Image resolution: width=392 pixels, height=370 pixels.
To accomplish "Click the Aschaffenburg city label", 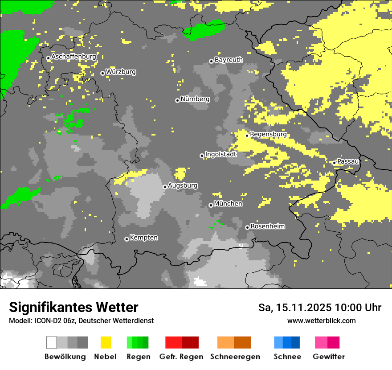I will coord(73,57).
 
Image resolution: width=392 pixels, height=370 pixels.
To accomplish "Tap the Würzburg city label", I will coord(121,72).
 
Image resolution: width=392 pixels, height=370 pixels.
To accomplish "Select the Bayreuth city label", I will coord(229,60).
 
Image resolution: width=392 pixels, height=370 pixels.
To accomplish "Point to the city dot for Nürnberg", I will coord(177,100).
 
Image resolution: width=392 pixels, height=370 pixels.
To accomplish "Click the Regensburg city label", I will coord(268,134).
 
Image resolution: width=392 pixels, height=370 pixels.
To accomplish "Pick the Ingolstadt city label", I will coord(220,154).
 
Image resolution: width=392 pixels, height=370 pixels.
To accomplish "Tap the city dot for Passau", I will coord(334,163).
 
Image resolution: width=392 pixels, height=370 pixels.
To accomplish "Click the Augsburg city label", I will coord(183,185).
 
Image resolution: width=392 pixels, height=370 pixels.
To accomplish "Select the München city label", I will coord(228,204).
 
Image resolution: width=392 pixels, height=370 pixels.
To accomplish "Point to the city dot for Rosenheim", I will coord(247,227).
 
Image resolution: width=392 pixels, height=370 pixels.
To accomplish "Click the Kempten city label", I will coord(143,238).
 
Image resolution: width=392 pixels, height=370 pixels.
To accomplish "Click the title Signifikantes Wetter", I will coord(73,308).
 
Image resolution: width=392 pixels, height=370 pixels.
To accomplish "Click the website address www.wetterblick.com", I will coord(321,321).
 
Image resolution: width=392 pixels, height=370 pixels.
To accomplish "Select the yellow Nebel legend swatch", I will coord(106,342).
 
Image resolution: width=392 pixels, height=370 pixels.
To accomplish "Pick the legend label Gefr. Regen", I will coord(181,357).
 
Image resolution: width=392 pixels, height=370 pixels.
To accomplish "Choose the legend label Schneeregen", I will coord(235,357).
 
